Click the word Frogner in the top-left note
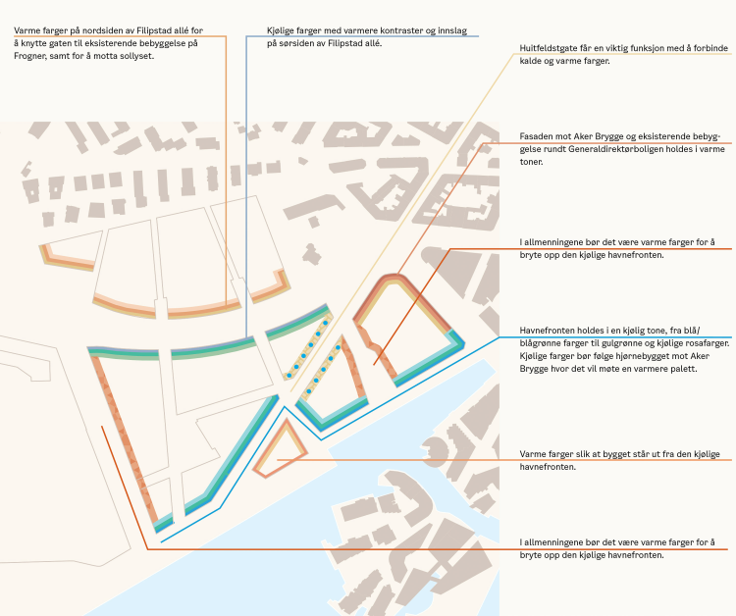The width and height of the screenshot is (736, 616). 32,56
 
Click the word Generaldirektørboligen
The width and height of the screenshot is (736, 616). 597,149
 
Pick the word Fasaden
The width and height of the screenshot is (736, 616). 537,136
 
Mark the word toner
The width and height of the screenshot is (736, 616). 533,162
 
